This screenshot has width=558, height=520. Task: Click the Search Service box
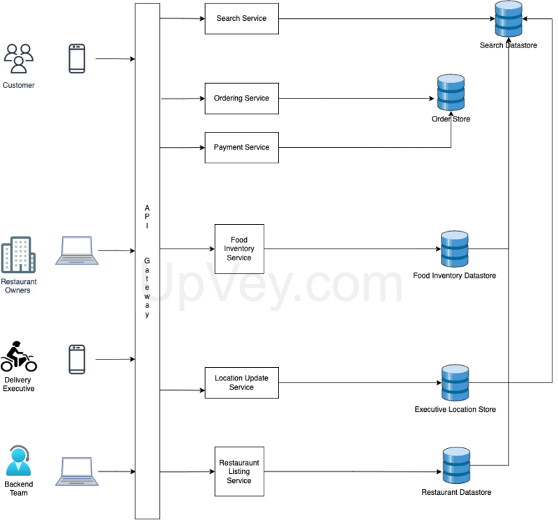pos(241,19)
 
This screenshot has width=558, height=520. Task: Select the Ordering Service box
pos(241,98)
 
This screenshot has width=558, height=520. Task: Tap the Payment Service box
pos(241,147)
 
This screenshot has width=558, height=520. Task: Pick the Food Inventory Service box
pos(239,249)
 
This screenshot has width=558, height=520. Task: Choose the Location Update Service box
pos(241,382)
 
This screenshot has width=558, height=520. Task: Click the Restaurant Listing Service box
pos(239,471)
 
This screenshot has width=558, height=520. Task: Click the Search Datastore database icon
pos(508,20)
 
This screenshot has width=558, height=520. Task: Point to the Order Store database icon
pos(451,93)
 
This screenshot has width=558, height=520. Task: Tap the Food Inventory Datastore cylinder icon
pos(455,249)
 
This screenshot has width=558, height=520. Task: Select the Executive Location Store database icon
pos(455,382)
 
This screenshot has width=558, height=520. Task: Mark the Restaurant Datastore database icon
pos(457,466)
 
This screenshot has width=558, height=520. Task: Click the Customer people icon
pos(19,59)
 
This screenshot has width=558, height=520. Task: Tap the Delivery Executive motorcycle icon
pos(19,357)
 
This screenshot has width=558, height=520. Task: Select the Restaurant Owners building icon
pos(18,254)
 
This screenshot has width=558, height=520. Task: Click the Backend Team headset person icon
pos(19,461)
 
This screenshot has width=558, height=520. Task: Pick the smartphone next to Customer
pos(77,59)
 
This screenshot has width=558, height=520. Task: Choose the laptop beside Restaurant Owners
pos(77,250)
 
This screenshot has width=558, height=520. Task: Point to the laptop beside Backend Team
pos(77,471)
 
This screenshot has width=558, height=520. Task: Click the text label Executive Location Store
pos(455,409)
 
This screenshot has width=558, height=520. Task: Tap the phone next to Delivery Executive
pos(77,359)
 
